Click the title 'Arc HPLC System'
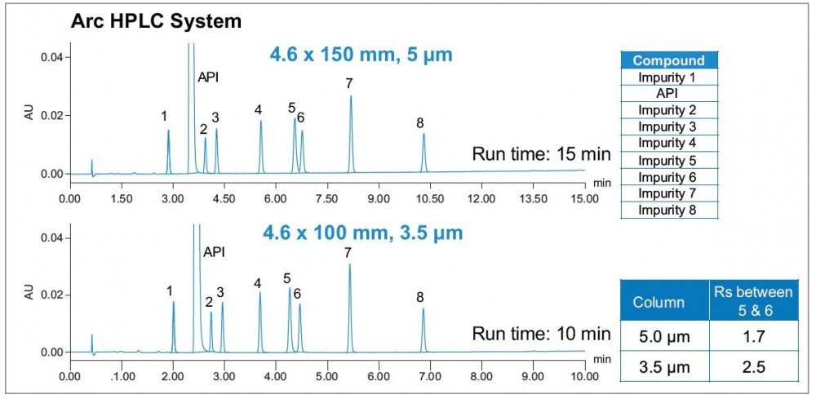coord(157,21)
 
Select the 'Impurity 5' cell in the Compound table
coord(667,161)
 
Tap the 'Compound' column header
coord(668,60)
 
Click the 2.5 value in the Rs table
coord(748,367)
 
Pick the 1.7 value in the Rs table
coord(748,334)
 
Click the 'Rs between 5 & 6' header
coord(748,301)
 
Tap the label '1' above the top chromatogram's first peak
coord(164,116)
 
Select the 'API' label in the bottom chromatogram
coord(214,251)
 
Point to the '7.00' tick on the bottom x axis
coord(429,377)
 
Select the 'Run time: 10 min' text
coord(541,333)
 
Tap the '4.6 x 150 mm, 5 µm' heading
coord(361,55)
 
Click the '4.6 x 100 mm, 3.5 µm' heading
coord(362,233)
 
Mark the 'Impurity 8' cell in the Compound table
coord(667,211)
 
